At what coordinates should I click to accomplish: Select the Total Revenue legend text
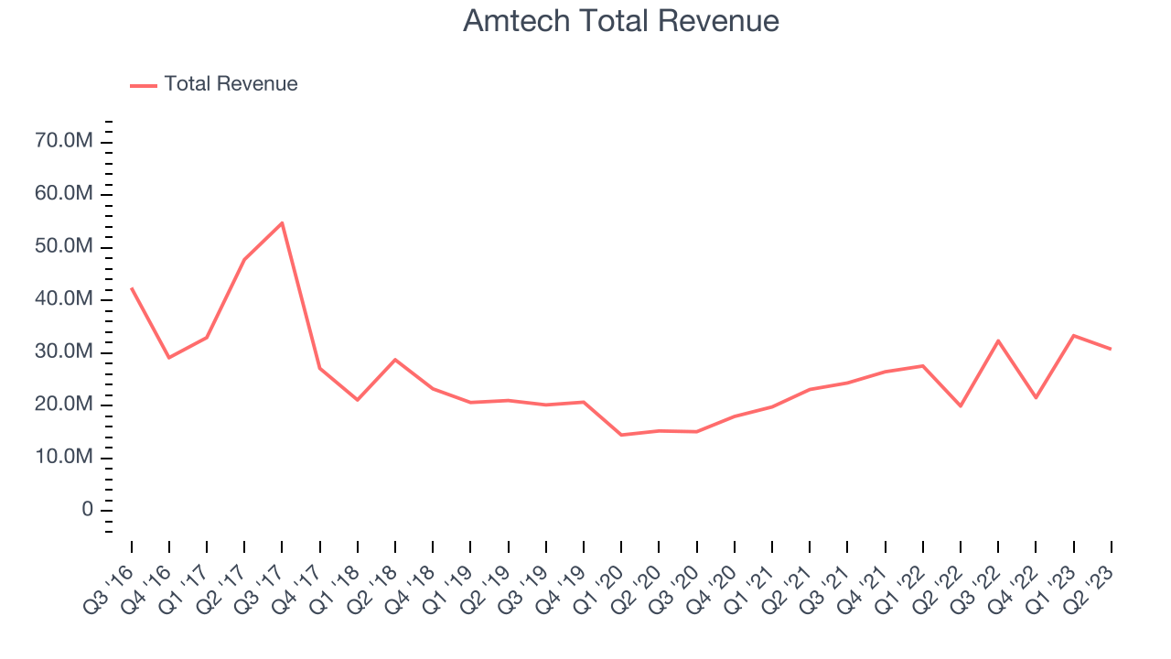[231, 84]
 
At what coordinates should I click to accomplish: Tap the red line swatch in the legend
[144, 85]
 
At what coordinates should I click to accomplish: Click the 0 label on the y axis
[88, 510]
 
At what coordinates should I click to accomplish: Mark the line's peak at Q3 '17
[282, 222]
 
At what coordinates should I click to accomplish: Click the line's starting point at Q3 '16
[131, 287]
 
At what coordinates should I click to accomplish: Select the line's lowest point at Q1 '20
[621, 435]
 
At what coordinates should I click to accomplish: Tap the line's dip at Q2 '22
[961, 405]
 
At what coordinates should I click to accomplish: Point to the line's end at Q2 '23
[1111, 349]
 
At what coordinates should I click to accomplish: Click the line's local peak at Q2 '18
[395, 359]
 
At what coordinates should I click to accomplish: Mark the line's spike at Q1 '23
[1074, 335]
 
